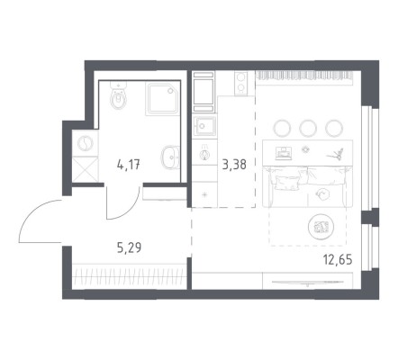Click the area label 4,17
129,165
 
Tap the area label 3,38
234,165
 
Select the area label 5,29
129,247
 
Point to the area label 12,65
338,259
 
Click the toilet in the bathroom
119,95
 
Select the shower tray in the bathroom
162,98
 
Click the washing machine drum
86,143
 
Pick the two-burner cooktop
240,83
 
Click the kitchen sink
204,126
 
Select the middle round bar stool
308,129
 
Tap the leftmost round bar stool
282,129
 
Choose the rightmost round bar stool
334,129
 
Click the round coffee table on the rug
321,227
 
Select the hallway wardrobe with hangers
129,276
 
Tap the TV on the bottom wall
308,283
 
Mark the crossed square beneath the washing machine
86,169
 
